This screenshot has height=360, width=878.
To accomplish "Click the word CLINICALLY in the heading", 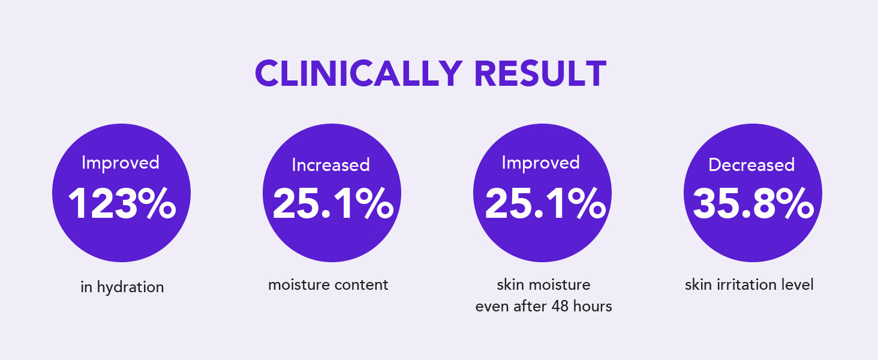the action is tap(359, 73).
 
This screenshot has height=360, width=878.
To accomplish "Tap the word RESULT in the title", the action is tap(541, 73).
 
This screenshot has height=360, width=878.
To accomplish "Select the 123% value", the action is tap(122, 203).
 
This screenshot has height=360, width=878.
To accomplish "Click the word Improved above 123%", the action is tap(121, 163).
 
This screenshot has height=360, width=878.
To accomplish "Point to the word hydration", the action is tap(131, 287).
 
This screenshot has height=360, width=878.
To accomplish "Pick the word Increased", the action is tap(331, 165).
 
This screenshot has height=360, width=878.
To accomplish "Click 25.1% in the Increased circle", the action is tap(333, 203).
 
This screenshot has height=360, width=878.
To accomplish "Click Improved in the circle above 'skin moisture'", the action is tap(540, 163).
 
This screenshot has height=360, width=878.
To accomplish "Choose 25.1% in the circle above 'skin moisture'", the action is tap(545, 203).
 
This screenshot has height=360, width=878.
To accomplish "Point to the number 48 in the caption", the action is tap(560, 306).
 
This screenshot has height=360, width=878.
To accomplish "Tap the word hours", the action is tap(593, 306).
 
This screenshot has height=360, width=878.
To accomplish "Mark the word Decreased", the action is tap(751, 165).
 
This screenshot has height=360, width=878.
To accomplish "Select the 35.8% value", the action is tap(753, 203).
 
